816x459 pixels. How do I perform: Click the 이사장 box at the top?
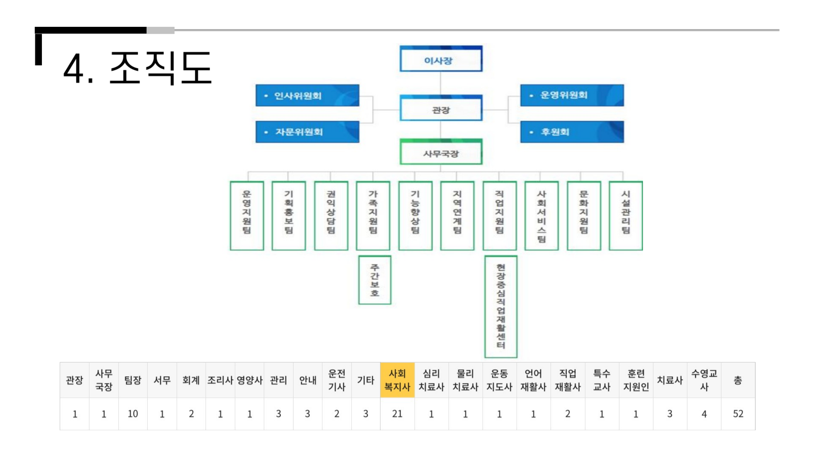(x=440, y=59)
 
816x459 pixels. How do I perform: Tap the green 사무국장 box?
(x=440, y=153)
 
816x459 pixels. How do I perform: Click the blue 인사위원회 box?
(x=307, y=96)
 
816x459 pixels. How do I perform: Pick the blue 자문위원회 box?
(x=307, y=132)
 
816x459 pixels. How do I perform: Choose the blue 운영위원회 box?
(x=572, y=95)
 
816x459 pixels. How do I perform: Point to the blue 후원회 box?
(x=572, y=132)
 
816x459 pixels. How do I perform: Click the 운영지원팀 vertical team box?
(x=247, y=215)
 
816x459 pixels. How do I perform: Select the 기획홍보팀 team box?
(x=289, y=215)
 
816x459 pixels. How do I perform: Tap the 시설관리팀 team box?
(x=626, y=215)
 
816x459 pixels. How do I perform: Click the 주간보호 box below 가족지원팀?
(x=374, y=280)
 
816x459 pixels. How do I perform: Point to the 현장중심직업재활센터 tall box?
(x=501, y=306)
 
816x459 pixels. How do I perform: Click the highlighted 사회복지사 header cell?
(x=397, y=380)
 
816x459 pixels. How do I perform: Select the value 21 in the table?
(x=397, y=414)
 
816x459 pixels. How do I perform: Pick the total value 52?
(x=738, y=414)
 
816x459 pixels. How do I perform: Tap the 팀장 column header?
(x=133, y=380)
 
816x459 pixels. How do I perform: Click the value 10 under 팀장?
(x=133, y=414)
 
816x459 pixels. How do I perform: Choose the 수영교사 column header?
(x=704, y=380)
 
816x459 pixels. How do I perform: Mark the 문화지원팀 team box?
(x=584, y=215)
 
